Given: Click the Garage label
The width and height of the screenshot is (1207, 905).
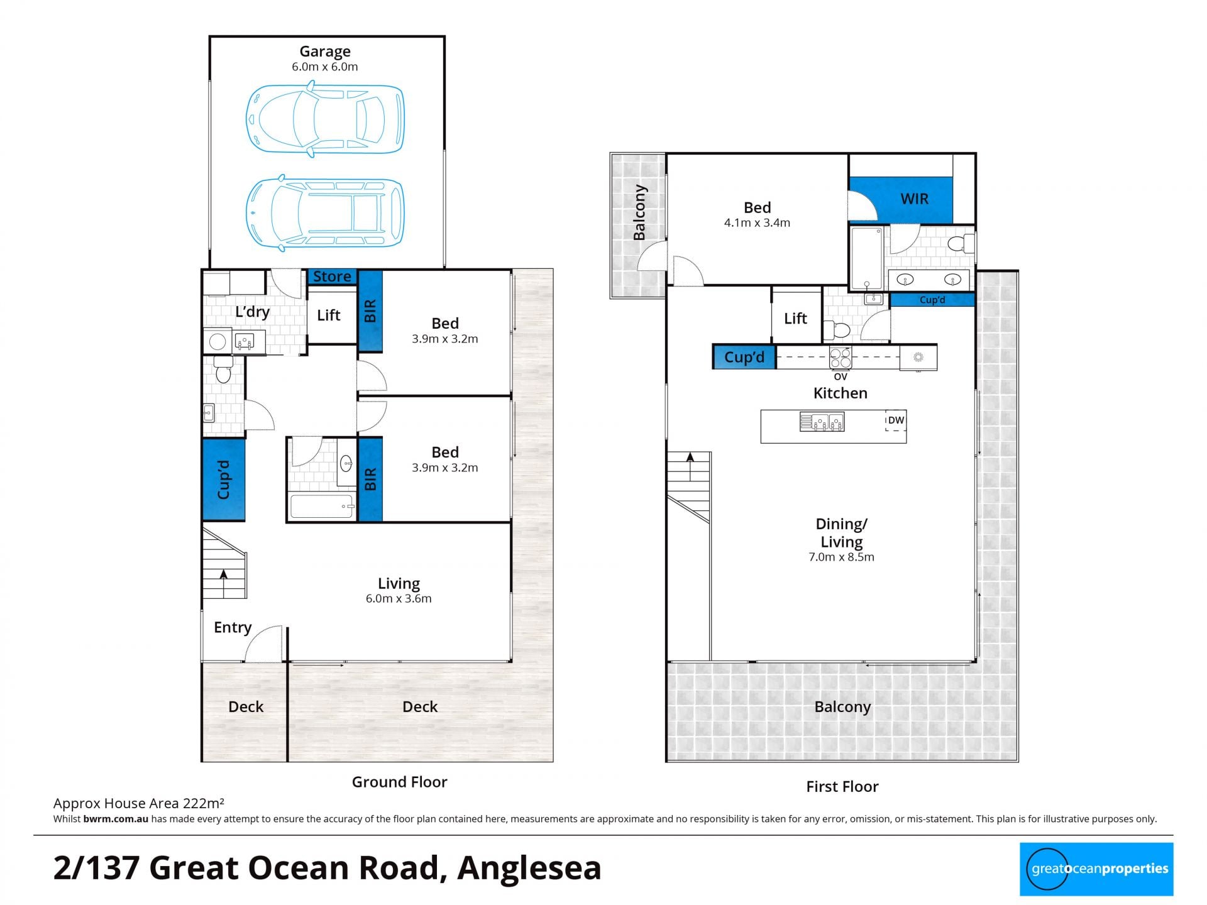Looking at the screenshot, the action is (325, 52).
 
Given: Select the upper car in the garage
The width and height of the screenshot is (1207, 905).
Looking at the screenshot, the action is (325, 119).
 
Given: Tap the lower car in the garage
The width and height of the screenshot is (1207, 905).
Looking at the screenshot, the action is (325, 213).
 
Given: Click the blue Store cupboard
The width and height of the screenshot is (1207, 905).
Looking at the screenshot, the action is (332, 277).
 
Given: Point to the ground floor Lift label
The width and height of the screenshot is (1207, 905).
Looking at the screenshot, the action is (329, 315).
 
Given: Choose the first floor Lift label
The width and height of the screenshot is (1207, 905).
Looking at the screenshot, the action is (795, 318).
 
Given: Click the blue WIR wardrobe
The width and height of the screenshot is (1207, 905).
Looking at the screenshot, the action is (900, 199).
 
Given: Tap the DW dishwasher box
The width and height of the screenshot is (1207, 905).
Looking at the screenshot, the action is (896, 420).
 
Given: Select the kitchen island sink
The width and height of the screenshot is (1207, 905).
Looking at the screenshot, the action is (822, 422).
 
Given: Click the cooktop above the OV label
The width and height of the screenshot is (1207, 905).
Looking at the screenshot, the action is (840, 358).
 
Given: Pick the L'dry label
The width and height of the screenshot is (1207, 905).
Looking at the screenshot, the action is (253, 312).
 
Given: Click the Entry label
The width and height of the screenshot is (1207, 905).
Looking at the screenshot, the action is (233, 627).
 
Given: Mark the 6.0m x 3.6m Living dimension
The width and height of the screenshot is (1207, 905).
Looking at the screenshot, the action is (399, 599).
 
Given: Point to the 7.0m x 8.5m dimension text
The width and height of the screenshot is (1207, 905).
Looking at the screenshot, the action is (841, 557).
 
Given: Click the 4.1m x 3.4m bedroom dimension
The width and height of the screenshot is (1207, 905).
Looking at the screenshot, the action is (757, 222).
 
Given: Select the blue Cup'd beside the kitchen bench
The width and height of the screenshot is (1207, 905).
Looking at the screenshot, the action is (744, 357).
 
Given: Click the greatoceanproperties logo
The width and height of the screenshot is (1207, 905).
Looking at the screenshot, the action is (1096, 869).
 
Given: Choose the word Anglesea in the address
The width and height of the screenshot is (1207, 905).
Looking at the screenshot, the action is (529, 868).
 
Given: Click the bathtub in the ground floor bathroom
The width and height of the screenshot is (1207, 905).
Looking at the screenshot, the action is (322, 507).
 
